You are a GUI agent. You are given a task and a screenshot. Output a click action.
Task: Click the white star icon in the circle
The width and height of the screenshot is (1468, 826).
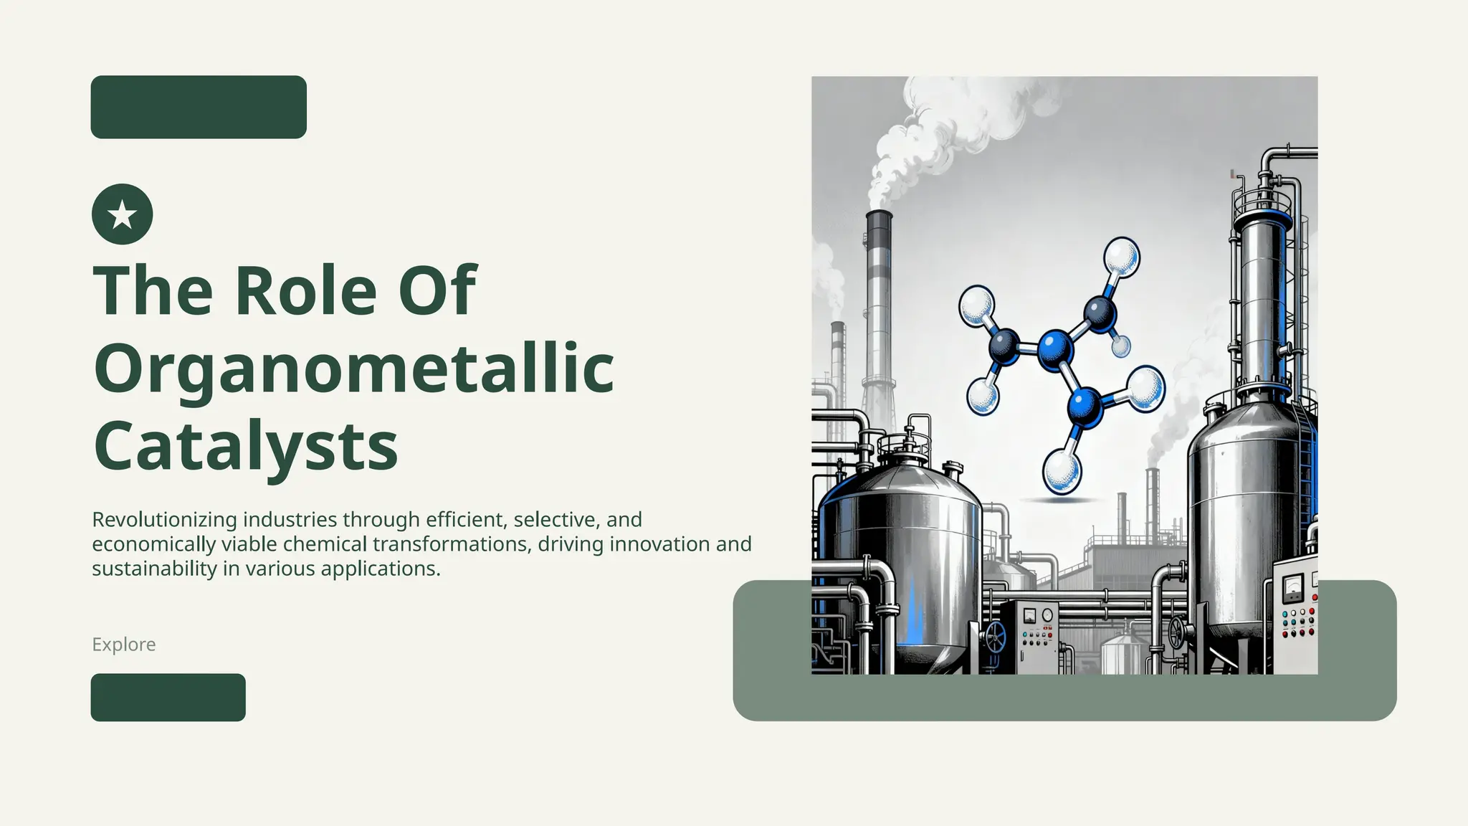[123, 214]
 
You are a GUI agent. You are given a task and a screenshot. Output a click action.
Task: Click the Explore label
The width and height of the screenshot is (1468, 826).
[123, 644]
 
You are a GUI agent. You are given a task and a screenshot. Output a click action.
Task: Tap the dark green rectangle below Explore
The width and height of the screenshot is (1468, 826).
[168, 697]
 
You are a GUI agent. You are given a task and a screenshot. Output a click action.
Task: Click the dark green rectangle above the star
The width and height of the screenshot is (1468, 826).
[199, 107]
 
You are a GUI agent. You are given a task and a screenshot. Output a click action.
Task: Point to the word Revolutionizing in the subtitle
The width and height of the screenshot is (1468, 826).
[164, 519]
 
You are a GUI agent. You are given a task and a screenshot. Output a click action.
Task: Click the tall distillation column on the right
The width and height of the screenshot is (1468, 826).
[1262, 301]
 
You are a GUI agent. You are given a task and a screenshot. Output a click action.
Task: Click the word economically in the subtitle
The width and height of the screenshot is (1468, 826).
[153, 543]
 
